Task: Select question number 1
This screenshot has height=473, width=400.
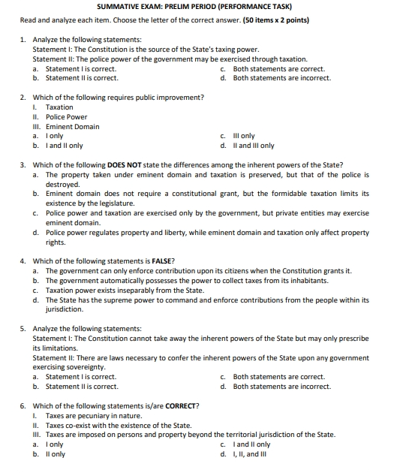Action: [23, 39]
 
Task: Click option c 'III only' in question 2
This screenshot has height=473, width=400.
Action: [244, 136]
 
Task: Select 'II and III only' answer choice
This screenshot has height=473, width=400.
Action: [254, 146]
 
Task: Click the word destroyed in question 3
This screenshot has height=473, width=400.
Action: [62, 184]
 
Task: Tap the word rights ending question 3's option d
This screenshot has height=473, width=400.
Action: [56, 243]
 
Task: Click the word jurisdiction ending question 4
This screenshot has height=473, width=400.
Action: [65, 309]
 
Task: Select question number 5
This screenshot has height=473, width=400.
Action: [23, 329]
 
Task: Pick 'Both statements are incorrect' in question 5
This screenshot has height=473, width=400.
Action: [281, 387]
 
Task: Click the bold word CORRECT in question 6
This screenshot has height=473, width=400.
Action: [179, 406]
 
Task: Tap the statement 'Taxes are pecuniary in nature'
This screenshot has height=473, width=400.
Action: [93, 415]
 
